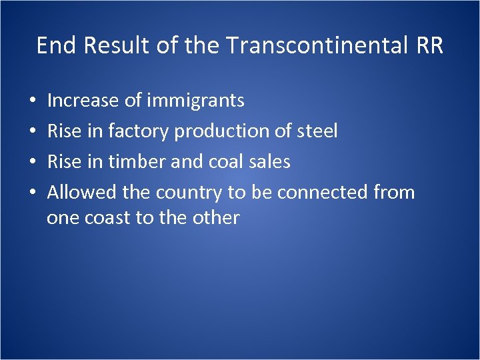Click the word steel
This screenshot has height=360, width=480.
[x=317, y=131]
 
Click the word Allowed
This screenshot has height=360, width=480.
[x=82, y=193]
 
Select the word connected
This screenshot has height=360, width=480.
[x=320, y=193]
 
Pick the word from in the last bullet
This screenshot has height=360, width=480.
[x=393, y=193]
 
